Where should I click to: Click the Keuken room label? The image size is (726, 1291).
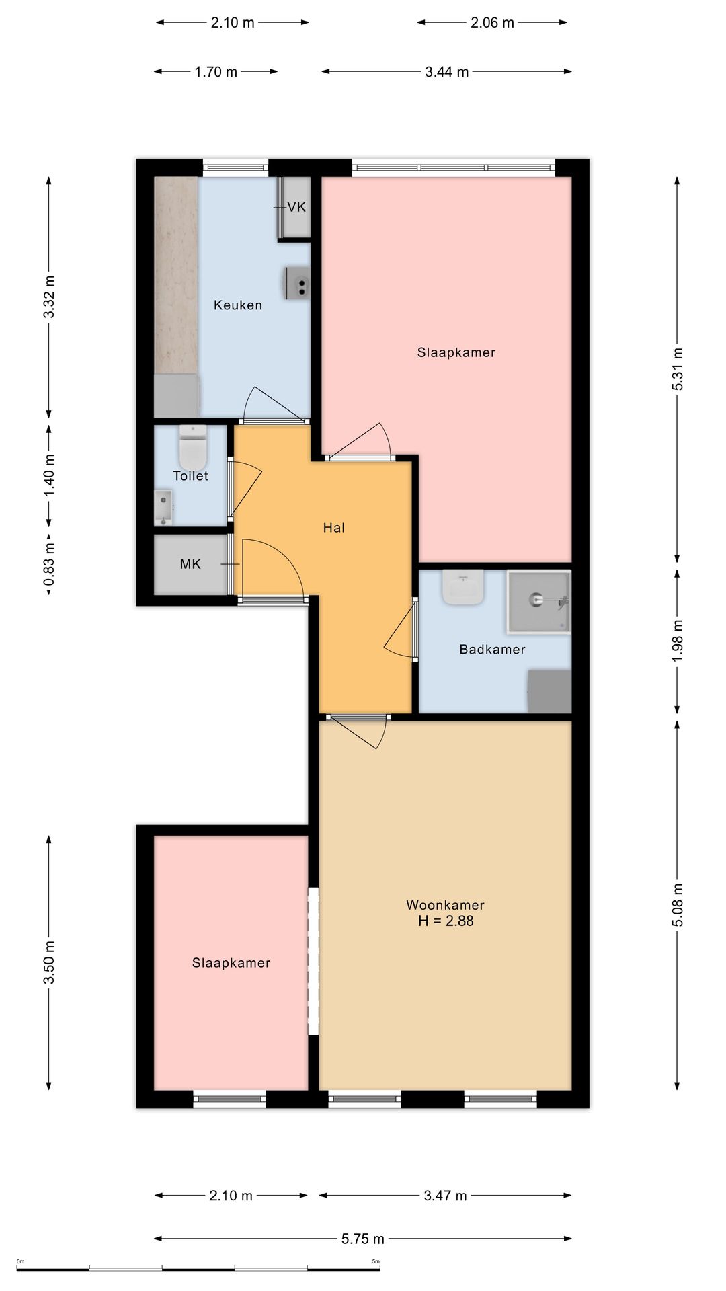(238, 305)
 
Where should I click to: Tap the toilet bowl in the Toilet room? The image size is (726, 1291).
(193, 448)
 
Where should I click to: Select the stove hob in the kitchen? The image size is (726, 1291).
(298, 283)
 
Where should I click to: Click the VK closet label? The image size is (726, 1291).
(296, 207)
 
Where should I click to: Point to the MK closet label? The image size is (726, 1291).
(190, 564)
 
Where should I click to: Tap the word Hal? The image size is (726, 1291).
(334, 528)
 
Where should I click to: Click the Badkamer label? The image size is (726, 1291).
(492, 649)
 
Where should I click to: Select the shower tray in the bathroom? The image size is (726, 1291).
(538, 602)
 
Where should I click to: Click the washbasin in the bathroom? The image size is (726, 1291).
(463, 587)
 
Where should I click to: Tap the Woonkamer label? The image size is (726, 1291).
(445, 905)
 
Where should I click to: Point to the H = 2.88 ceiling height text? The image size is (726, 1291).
(446, 921)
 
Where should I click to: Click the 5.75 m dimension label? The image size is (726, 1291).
(363, 1239)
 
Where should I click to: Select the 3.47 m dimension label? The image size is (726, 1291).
(445, 1196)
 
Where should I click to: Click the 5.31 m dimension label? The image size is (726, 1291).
(678, 368)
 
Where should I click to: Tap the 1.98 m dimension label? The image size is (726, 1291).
(678, 641)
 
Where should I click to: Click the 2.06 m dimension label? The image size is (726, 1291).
(492, 23)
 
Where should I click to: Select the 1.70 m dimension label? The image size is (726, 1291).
(216, 72)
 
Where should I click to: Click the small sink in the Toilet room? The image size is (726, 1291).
(164, 508)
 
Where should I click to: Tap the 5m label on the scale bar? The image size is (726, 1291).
(376, 1261)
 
